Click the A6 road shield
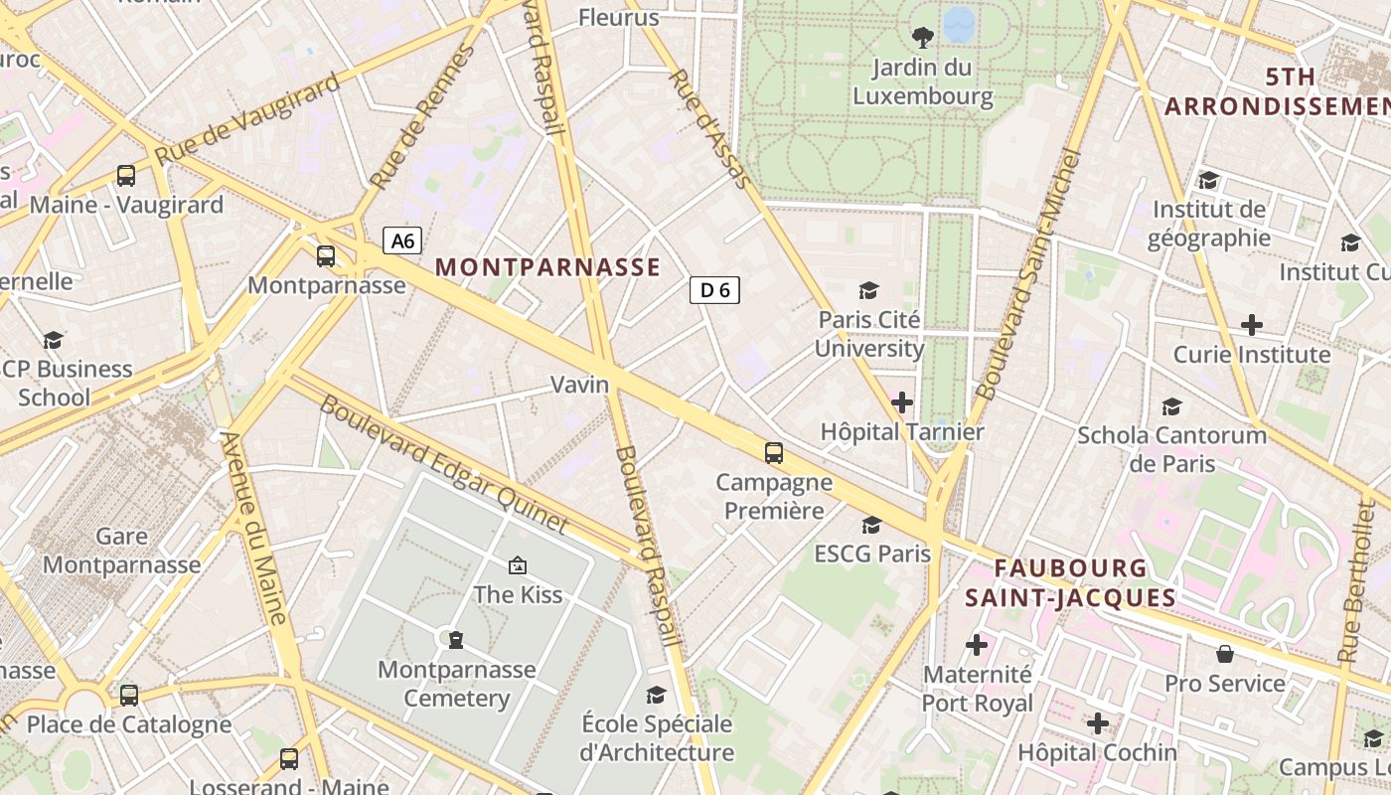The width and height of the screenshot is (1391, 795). [x=402, y=240]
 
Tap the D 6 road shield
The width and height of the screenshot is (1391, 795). [x=714, y=290]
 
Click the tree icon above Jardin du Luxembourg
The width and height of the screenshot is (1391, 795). [x=922, y=38]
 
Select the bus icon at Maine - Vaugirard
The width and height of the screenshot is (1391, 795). [x=126, y=176]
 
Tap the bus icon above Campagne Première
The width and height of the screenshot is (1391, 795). [x=774, y=453]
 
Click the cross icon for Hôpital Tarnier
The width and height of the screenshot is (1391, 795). [x=902, y=402]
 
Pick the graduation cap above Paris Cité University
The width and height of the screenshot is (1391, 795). [x=869, y=290]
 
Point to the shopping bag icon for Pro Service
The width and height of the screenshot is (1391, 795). [x=1225, y=654]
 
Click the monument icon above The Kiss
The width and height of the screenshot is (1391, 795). [x=517, y=565]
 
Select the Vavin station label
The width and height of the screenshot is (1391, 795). [x=579, y=385]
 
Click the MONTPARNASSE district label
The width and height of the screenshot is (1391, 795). [x=547, y=267]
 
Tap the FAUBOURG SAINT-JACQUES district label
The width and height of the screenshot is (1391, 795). [x=1070, y=583]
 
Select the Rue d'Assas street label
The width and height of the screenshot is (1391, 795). [x=707, y=127]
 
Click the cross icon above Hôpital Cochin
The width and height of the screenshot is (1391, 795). [x=1098, y=723]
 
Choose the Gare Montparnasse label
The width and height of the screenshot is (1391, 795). [x=122, y=551]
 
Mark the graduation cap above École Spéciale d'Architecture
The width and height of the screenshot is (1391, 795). [x=656, y=695]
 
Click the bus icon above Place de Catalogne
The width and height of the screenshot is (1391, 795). [x=129, y=695]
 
